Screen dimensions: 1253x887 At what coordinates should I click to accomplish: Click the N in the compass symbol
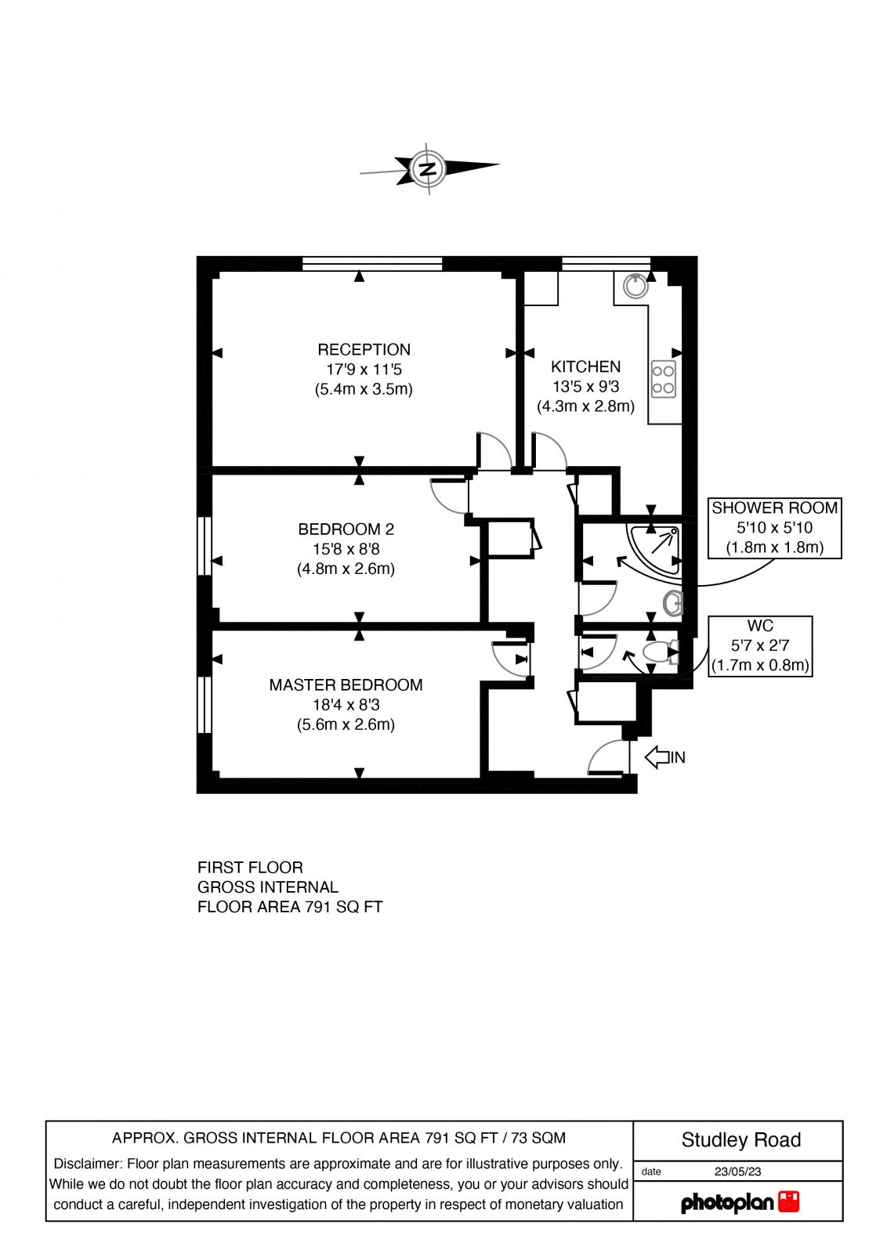(428, 168)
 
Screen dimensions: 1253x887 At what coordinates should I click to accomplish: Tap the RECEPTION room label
(364, 349)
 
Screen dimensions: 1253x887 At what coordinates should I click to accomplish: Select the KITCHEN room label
(585, 367)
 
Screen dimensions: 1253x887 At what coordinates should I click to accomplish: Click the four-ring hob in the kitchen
(663, 379)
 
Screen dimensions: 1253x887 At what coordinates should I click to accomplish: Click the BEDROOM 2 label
(345, 529)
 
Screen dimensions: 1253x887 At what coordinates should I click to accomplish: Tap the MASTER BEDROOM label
(346, 684)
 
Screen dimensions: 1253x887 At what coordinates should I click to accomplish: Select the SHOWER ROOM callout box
(774, 527)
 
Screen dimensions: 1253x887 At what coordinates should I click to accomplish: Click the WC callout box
(760, 646)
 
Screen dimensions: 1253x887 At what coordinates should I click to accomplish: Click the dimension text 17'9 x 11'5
(364, 369)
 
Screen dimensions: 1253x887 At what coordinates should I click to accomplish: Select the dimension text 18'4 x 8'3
(346, 705)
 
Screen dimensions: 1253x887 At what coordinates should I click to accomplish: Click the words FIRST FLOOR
(250, 868)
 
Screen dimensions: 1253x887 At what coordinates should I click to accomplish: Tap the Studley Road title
(740, 1140)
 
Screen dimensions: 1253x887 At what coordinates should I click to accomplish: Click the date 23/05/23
(737, 1172)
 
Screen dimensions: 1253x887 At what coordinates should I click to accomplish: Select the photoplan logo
(739, 1202)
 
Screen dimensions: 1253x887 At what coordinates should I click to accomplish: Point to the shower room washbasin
(673, 602)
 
